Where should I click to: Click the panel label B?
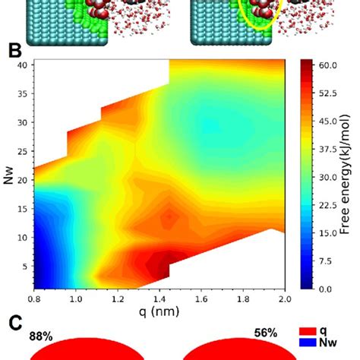[x=13, y=52]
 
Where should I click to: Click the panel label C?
[x=13, y=323]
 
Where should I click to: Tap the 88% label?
[x=40, y=335]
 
